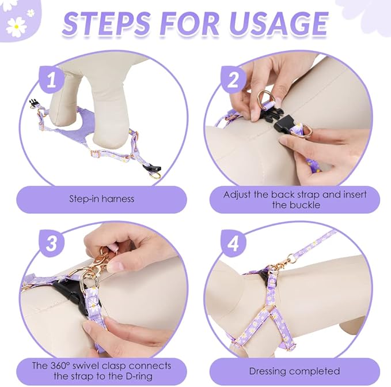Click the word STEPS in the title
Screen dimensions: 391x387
click(x=107, y=23)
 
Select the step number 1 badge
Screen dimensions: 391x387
click(x=51, y=80)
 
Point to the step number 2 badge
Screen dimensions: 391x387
click(x=233, y=80)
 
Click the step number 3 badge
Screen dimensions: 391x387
click(x=51, y=243)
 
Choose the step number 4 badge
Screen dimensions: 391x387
click(x=233, y=243)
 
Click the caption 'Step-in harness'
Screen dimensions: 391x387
click(x=101, y=199)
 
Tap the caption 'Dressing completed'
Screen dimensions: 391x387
click(x=294, y=371)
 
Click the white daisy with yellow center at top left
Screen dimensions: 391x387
click(x=16, y=25)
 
